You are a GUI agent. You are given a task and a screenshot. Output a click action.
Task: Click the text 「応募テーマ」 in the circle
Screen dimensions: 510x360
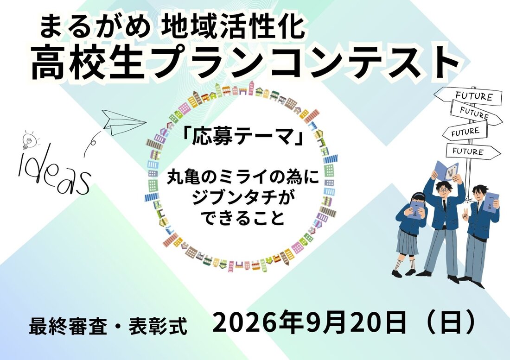click(x=242, y=138)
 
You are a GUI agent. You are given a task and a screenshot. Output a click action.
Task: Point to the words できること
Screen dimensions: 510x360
click(x=243, y=218)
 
